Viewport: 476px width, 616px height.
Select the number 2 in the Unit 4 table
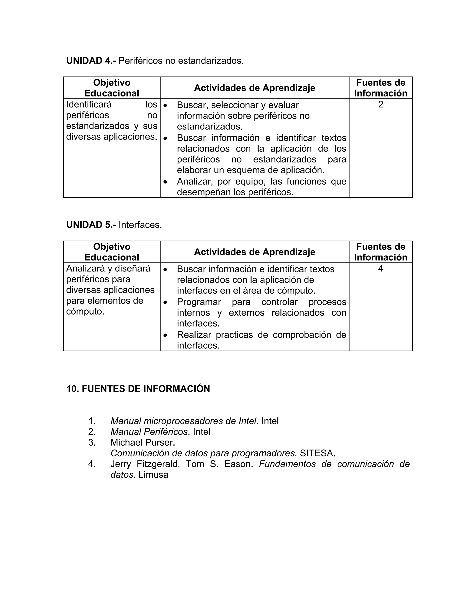click(380, 105)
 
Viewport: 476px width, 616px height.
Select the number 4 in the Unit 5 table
click(380, 269)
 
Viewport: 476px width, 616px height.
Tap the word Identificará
click(89, 105)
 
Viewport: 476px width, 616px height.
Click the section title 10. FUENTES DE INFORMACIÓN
click(138, 389)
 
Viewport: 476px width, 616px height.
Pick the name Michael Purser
click(143, 442)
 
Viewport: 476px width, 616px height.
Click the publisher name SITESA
click(317, 453)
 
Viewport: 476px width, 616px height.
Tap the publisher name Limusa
click(153, 475)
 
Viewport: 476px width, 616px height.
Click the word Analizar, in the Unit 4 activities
click(194, 181)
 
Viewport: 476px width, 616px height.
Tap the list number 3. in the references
click(92, 442)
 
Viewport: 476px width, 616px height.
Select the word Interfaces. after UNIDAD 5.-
click(140, 225)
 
